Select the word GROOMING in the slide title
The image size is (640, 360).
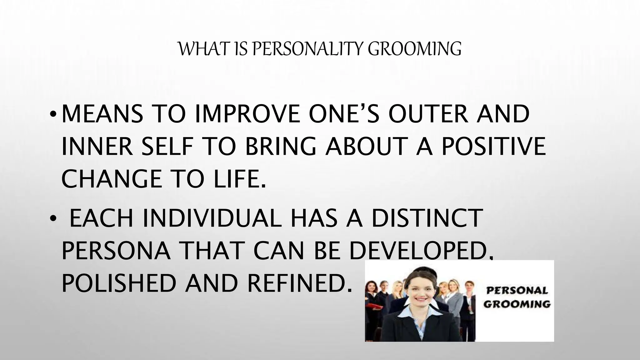pyautogui.click(x=414, y=49)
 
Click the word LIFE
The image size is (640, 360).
pyautogui.click(x=240, y=179)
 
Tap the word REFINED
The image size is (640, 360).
pyautogui.click(x=298, y=283)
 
